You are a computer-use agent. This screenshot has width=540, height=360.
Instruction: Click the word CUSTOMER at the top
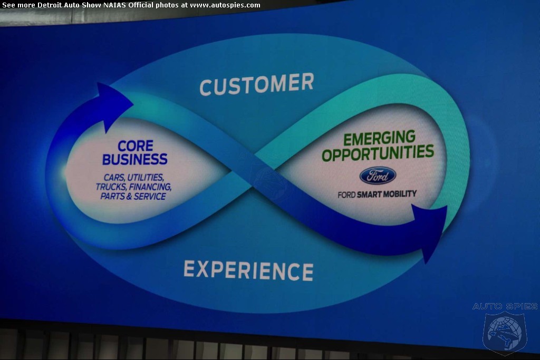(x=257, y=84)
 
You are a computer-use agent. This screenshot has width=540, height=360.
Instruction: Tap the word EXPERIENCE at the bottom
(x=248, y=270)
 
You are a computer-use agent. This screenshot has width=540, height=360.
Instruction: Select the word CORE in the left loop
(x=136, y=146)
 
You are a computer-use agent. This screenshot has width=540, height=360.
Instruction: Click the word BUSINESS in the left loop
(x=134, y=159)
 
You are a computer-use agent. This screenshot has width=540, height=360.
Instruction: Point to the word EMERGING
(x=379, y=138)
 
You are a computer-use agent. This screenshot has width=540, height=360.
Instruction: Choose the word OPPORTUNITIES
(x=378, y=153)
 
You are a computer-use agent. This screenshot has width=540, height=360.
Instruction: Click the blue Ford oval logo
(x=378, y=176)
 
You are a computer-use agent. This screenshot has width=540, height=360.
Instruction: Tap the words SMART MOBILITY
(x=387, y=194)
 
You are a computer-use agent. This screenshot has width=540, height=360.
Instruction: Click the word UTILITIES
(x=146, y=178)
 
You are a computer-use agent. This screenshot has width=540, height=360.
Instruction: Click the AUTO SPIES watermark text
(x=505, y=306)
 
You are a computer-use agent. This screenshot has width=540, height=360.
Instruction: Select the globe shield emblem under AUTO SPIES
(x=505, y=333)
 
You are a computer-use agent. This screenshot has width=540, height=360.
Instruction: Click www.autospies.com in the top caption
(x=225, y=5)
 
